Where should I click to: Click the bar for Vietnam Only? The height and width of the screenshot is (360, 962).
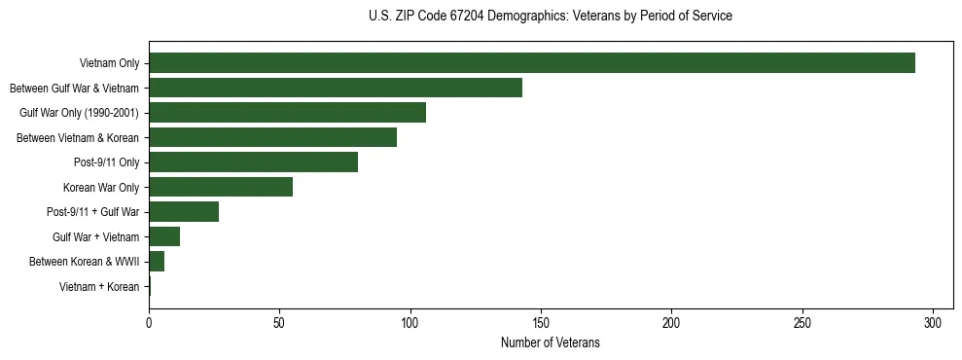coord(532,63)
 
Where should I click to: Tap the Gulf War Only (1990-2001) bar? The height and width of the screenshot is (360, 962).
coord(287,113)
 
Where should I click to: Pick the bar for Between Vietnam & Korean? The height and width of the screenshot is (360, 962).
coord(272,138)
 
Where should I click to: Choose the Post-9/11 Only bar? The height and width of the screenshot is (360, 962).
coord(253,162)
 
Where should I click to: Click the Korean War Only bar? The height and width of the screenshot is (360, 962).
coord(221,187)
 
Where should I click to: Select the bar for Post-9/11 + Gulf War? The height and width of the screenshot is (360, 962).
coord(184,212)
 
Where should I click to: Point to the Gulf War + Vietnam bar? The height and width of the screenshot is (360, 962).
coord(164,236)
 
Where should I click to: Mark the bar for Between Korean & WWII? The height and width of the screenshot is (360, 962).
coord(157,262)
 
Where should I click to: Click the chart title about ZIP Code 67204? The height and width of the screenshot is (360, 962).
coord(551,17)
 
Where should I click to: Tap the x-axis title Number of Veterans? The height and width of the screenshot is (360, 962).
coord(551,342)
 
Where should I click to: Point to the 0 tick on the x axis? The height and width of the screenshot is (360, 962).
coord(149,322)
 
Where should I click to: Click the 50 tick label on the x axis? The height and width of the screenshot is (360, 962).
coord(279,322)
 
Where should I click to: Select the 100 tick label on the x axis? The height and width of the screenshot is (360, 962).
coord(410,322)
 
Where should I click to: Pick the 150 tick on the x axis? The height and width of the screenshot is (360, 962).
coord(541,322)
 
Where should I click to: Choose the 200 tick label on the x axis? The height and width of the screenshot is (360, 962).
coord(672,322)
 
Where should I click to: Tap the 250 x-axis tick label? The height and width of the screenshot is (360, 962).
coord(802,322)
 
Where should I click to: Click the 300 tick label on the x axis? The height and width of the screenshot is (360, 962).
coord(933,322)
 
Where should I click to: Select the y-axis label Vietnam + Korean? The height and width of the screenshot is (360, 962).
coord(99,286)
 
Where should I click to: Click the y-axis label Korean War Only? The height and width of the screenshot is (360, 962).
coord(101,187)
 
